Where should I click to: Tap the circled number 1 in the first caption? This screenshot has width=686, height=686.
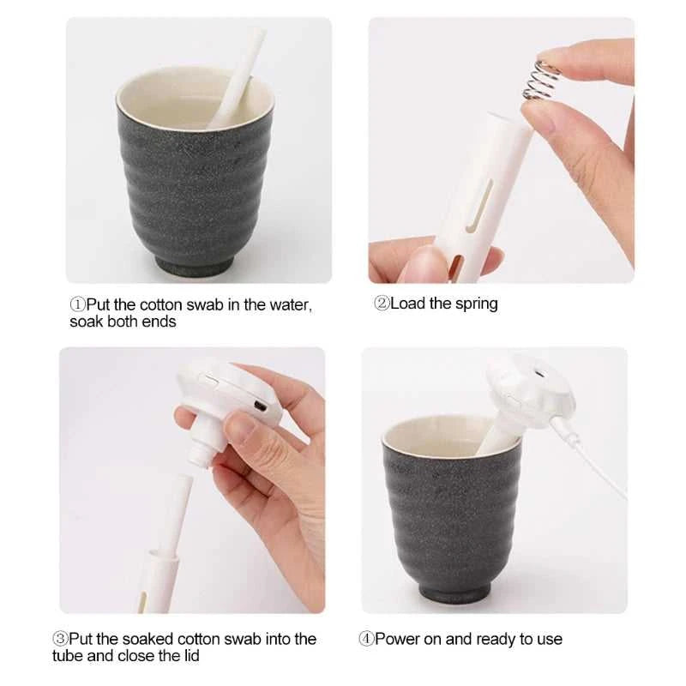tap(77, 304)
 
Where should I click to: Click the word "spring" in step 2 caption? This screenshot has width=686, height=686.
tap(476, 304)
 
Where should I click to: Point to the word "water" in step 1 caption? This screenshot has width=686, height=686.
tap(290, 304)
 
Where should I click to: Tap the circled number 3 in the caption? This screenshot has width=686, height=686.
tap(60, 639)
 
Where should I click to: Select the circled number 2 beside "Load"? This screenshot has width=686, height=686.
tap(382, 304)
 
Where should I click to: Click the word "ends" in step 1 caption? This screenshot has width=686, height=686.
tap(160, 322)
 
